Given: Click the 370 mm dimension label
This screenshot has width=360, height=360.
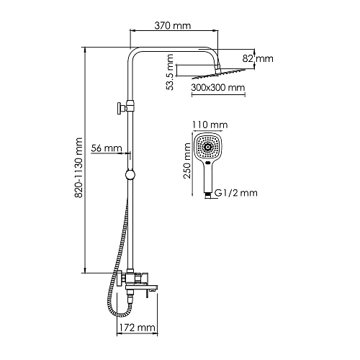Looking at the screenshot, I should tap(173, 26).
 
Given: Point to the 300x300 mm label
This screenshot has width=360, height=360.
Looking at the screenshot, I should tap(218, 88).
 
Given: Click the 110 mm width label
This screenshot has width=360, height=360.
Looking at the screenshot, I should tap(207, 124).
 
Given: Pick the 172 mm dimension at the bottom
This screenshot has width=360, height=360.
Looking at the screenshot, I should tap(136, 328).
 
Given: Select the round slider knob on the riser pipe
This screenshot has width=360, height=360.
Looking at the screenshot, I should tap(130, 174).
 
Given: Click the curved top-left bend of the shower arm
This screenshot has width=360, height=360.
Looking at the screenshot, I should tap(134, 54).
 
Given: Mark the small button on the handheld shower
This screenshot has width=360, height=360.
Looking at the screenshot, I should tap(207, 166).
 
